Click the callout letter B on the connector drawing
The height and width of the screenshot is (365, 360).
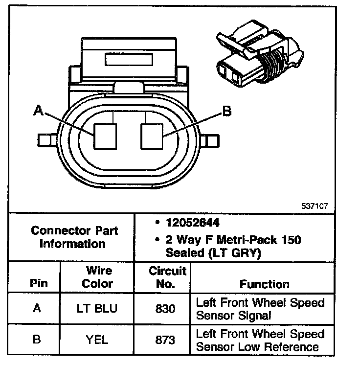[226, 112]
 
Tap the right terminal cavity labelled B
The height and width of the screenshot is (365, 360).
[152, 136]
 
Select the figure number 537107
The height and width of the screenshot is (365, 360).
[315, 205]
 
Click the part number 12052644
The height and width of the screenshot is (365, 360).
[192, 223]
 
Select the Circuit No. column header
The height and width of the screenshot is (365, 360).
[162, 277]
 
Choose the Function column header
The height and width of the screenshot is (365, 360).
[265, 284]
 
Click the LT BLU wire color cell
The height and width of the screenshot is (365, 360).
[97, 309]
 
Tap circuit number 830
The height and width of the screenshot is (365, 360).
[162, 309]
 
